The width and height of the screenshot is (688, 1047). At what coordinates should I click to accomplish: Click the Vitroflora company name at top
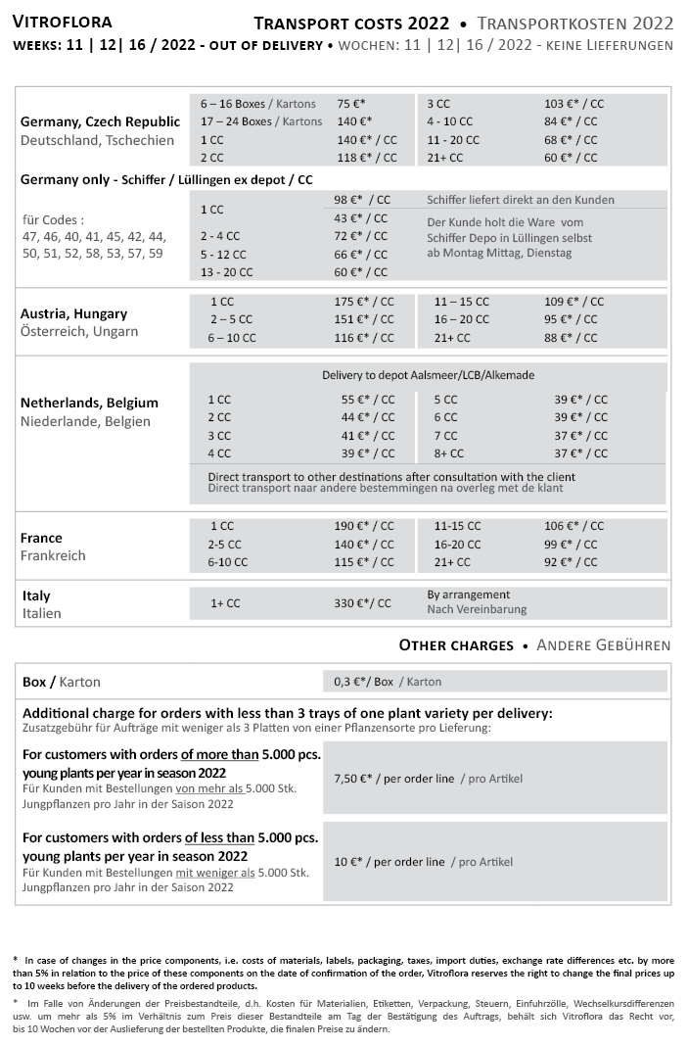63,22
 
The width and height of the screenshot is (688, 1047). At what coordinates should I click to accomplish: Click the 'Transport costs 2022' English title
351,23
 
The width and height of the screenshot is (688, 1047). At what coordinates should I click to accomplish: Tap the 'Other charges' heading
456,645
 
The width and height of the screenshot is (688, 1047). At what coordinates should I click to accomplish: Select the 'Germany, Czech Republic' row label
100,122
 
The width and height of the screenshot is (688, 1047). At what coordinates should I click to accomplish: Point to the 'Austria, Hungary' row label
73,314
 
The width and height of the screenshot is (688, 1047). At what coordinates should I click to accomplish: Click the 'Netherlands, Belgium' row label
89,404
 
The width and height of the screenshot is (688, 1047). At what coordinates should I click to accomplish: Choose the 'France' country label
41,539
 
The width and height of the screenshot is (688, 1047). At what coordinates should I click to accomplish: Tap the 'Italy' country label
36,596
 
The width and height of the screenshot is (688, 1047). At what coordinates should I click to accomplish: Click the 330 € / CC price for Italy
362,603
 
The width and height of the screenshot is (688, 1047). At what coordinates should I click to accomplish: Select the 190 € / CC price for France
364,526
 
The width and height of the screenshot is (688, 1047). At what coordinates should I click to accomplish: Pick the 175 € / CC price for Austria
364,302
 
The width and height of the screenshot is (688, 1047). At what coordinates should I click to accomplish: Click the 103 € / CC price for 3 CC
573,103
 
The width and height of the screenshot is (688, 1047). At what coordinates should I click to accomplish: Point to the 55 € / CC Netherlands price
368,400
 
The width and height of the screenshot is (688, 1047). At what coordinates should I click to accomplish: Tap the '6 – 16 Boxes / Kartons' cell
258,103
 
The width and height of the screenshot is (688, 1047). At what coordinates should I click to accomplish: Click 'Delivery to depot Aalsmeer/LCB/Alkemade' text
428,375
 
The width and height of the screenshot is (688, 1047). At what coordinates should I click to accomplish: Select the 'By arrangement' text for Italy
469,595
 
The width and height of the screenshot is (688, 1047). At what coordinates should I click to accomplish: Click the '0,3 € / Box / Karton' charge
383,682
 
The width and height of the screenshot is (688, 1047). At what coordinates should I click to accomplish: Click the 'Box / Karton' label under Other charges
62,682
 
